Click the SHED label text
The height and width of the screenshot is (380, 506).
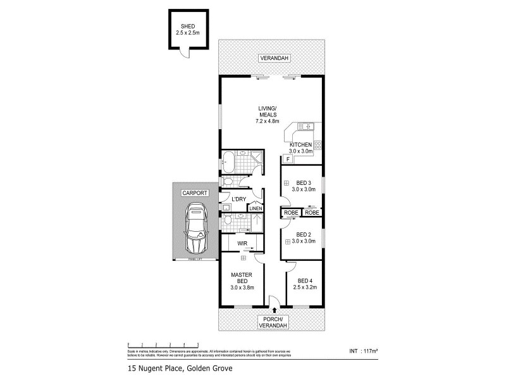187,26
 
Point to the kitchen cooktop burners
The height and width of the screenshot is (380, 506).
318,145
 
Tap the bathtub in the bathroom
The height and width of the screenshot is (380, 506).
228,161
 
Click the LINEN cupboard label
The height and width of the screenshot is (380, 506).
256,208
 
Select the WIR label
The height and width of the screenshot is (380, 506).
242,243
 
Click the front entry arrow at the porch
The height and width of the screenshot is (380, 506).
274,310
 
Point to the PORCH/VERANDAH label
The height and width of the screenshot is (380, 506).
274,322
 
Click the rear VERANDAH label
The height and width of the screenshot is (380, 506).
274,58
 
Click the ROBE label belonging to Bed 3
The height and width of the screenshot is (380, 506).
292,213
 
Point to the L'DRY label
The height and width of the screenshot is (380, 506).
238,199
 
